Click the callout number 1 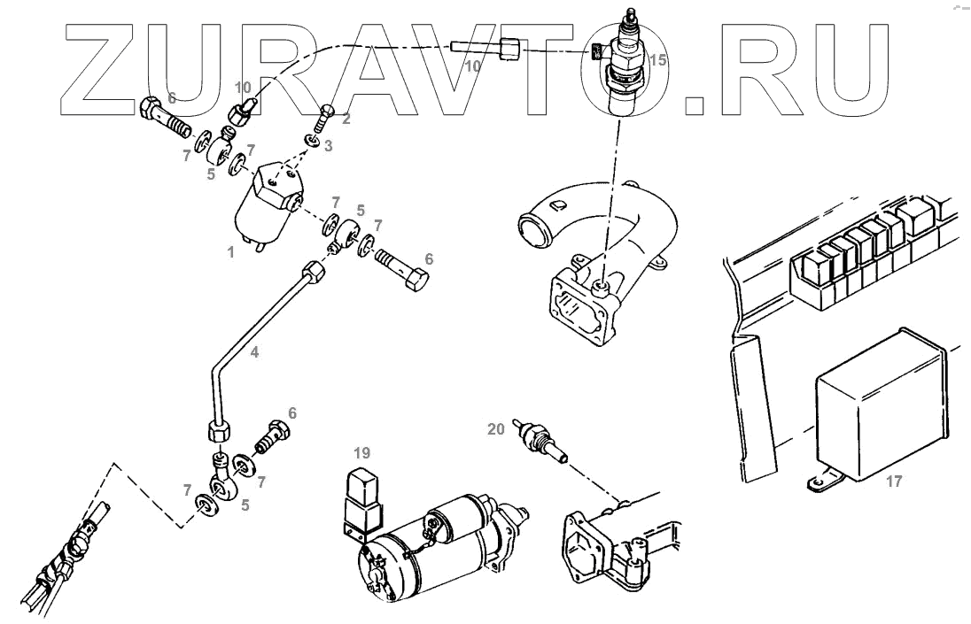pyautogui.click(x=230, y=252)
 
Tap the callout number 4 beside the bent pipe pyautogui.click(x=254, y=352)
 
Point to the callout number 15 pyautogui.click(x=656, y=61)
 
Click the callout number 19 pyautogui.click(x=361, y=453)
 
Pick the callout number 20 pyautogui.click(x=495, y=430)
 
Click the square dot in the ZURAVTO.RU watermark pyautogui.click(x=698, y=105)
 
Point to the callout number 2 pyautogui.click(x=346, y=117)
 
